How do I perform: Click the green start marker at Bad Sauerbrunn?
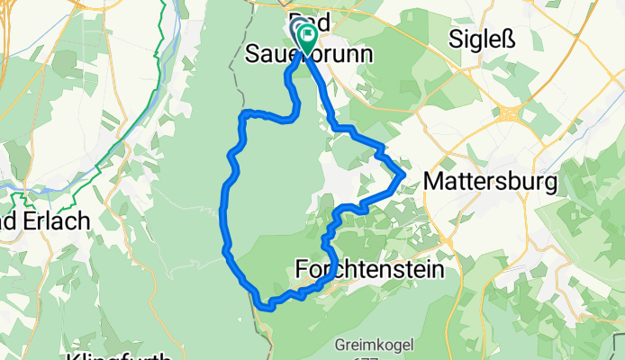[307, 37]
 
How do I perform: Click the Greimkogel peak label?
[371, 343]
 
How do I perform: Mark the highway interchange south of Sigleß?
[510, 114]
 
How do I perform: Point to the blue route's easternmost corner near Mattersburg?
[403, 174]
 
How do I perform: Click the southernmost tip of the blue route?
[267, 307]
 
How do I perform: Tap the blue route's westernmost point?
[222, 211]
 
